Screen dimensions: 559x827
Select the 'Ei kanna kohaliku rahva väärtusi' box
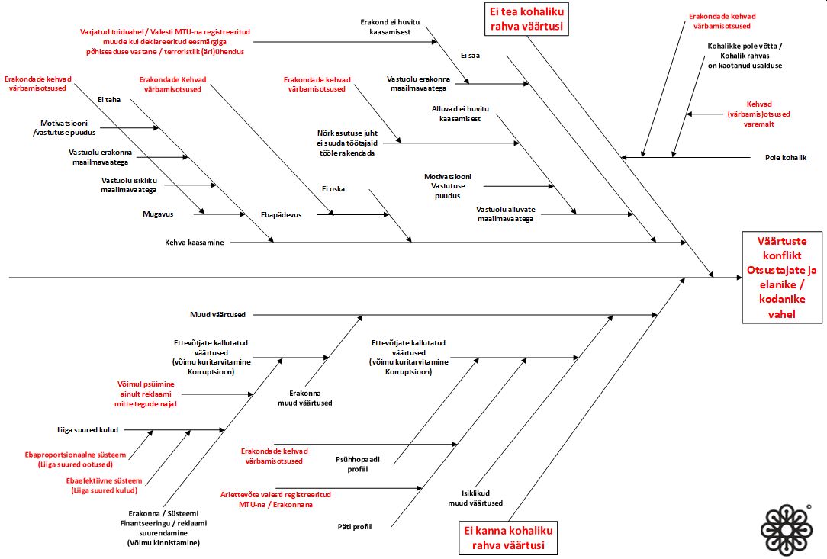coord(508,538)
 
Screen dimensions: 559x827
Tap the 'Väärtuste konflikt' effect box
coord(783,277)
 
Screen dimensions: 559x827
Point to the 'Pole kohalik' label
coord(785,158)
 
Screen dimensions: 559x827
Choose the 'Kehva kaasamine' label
coord(195,243)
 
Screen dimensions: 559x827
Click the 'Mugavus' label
coord(157,214)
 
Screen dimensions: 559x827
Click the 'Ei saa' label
coord(470,55)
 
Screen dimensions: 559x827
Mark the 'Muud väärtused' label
coord(217,314)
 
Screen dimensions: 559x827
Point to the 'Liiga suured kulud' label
coord(88,429)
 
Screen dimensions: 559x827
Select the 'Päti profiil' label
coord(355,526)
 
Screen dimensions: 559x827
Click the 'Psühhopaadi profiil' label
coord(352,464)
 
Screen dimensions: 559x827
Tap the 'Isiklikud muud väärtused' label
coord(475,497)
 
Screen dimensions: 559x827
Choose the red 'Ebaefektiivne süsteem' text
coord(104,486)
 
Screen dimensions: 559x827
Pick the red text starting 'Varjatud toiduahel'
coord(166,42)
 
